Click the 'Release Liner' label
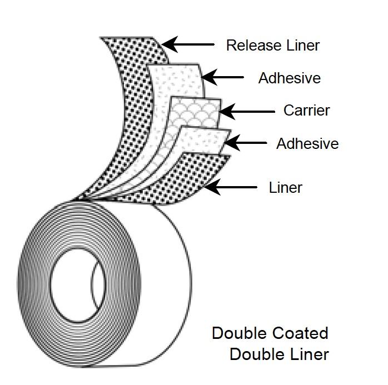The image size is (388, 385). point(273,45)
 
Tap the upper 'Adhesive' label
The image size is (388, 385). point(289,78)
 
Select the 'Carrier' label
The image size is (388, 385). point(306,110)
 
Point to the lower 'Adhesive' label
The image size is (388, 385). point(307,144)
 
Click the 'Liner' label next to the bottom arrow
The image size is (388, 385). point(285,188)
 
